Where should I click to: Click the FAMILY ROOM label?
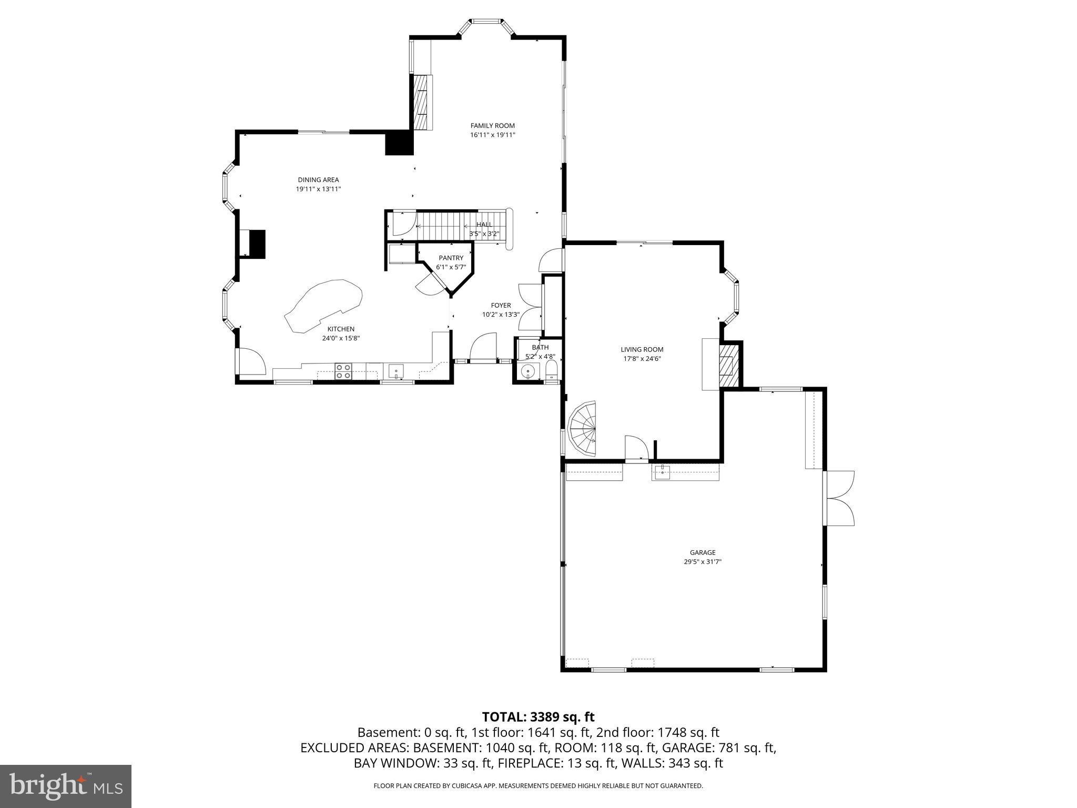pyautogui.click(x=492, y=126)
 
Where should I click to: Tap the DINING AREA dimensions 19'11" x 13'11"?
pyautogui.click(x=318, y=189)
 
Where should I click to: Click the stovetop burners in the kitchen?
pyautogui.click(x=343, y=371)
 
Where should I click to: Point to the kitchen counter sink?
pyautogui.click(x=396, y=371)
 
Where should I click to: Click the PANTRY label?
pyautogui.click(x=451, y=258)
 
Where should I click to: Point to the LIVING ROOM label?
pyautogui.click(x=642, y=349)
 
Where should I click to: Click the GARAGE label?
pyautogui.click(x=703, y=552)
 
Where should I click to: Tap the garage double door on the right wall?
pyautogui.click(x=840, y=498)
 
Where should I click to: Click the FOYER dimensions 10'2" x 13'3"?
pyautogui.click(x=501, y=315)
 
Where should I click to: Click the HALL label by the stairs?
pyautogui.click(x=484, y=225)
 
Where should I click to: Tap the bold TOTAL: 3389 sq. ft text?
pyautogui.click(x=538, y=716)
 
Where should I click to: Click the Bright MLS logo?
pyautogui.click(x=66, y=786)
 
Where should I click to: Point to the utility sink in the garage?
pyautogui.click(x=662, y=472)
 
